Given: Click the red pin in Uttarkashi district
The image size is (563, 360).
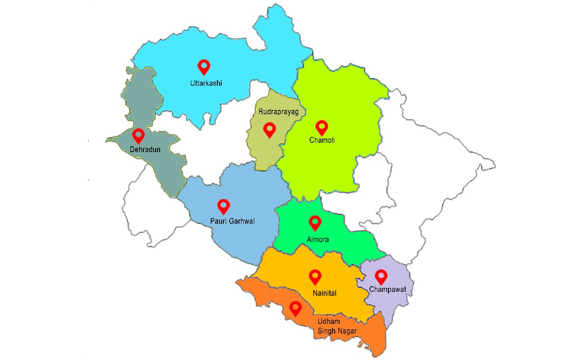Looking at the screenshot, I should click(x=204, y=66).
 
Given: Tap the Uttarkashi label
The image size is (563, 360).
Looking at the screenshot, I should click(x=206, y=83).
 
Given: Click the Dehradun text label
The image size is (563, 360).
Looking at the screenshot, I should click(x=145, y=149).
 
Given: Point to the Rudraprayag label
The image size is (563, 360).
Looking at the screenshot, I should click(x=278, y=112).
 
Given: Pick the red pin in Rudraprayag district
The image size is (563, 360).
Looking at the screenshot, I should click(x=269, y=129).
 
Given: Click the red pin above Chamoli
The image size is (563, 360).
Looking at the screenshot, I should click(x=322, y=127).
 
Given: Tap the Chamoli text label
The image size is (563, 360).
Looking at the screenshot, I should click(x=322, y=141).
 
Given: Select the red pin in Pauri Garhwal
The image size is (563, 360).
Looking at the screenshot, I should click(x=224, y=206).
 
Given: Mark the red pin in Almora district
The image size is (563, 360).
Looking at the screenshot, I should click(x=315, y=222).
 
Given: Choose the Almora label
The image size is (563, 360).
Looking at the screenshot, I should click(x=318, y=240).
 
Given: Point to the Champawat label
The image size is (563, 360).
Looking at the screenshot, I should click(x=388, y=289).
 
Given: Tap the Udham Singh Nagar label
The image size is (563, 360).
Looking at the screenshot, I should click(x=337, y=326).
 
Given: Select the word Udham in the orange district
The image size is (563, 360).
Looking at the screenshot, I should click(x=328, y=321).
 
